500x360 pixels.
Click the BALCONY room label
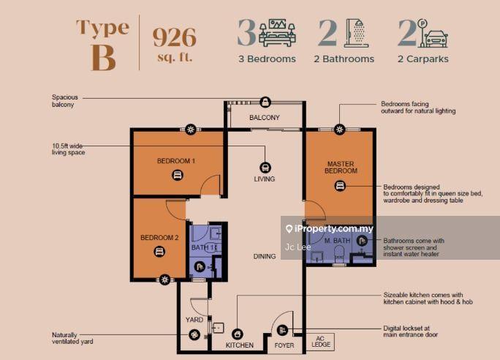pos(265,118)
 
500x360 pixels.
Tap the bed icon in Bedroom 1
pos(178,175)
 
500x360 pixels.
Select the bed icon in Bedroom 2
pos(159,252)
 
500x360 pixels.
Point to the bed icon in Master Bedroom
pos(340,186)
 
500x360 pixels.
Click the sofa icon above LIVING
pos(265,168)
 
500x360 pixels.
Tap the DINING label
pos(265,256)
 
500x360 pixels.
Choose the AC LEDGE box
pos(320,342)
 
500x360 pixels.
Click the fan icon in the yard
pos(194,335)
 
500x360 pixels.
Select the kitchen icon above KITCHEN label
pos(238,334)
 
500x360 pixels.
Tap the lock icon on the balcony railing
pos(265,102)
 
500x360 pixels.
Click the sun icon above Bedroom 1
pos(191,130)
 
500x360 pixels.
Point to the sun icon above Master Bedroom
pos(340,130)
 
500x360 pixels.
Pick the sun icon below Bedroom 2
pos(164,280)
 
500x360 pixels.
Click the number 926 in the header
pos(175,37)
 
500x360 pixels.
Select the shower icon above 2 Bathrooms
pos(356,33)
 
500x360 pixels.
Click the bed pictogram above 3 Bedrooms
pos(277,33)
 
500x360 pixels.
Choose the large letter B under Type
pos(103,58)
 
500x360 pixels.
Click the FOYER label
pos(284,345)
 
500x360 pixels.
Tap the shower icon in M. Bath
pos(362,241)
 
